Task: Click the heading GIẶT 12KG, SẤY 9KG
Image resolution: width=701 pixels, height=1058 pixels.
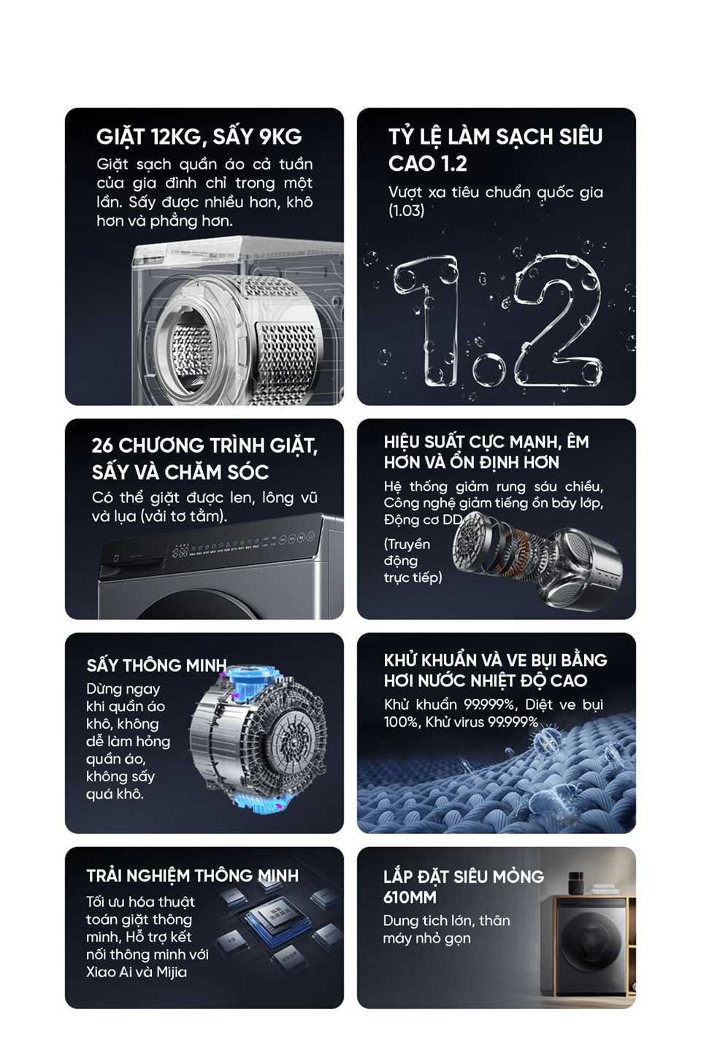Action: click(199, 137)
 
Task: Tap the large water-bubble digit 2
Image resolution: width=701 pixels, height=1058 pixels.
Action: click(558, 322)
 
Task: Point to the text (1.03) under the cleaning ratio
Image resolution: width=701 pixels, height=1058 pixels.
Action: click(406, 211)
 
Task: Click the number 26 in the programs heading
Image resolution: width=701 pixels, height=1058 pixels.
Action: click(102, 445)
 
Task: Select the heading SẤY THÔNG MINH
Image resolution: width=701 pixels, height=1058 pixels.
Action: click(156, 665)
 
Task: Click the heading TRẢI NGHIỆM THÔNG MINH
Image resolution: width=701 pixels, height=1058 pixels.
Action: click(192, 875)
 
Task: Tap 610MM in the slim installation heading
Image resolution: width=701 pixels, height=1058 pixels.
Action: click(410, 897)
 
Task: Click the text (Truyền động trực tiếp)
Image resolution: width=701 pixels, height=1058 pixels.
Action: click(413, 561)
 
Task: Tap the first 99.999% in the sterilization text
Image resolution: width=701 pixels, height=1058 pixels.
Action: click(489, 705)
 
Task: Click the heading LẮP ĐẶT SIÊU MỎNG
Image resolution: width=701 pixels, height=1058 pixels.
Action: click(464, 877)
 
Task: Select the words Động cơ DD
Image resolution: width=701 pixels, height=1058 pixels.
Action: click(422, 520)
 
